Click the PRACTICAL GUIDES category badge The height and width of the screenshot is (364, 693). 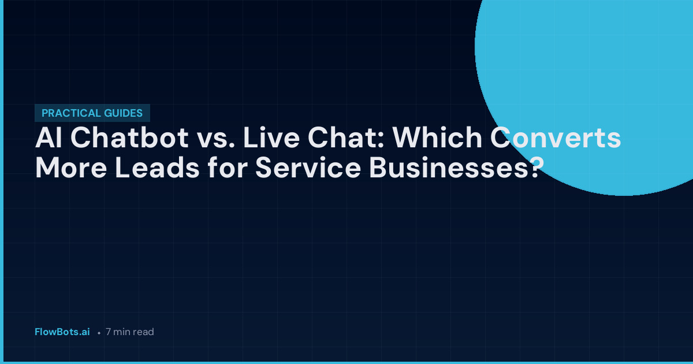click(x=92, y=114)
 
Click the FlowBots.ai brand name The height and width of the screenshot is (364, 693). click(x=62, y=332)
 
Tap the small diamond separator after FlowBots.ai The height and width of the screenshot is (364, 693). click(x=99, y=333)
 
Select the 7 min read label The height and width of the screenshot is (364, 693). click(x=130, y=332)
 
